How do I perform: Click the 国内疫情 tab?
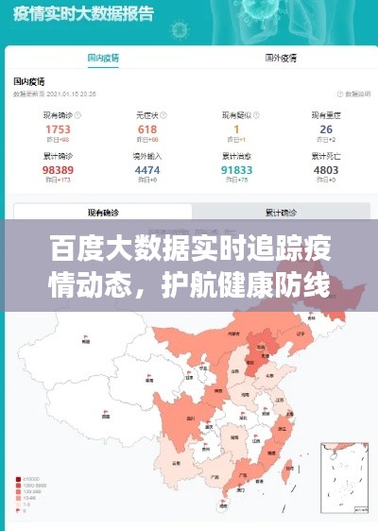(x=103, y=58)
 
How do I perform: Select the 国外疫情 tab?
(x=281, y=58)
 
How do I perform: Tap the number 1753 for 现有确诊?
(x=58, y=129)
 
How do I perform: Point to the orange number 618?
(x=147, y=129)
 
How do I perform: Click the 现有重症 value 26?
(x=326, y=129)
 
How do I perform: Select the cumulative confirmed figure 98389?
(x=58, y=170)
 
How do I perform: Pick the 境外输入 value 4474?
(x=147, y=170)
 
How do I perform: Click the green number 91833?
(x=236, y=170)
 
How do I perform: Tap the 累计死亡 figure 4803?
(x=326, y=170)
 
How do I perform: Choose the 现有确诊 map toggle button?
(x=103, y=212)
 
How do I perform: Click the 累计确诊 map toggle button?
(x=280, y=212)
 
